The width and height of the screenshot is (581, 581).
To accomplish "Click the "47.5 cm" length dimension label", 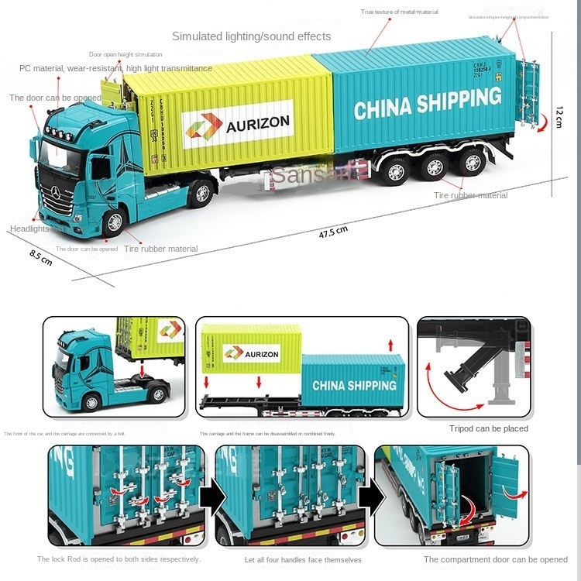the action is click(333, 230).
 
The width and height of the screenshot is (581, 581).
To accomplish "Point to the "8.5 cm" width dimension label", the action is click(41, 256).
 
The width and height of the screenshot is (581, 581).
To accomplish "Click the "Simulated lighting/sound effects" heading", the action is click(251, 36).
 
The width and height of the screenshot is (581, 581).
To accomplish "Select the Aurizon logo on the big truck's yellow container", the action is click(237, 124).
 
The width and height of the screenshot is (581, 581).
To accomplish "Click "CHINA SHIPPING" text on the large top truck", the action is click(428, 103).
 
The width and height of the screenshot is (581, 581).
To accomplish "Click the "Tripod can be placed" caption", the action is click(488, 428).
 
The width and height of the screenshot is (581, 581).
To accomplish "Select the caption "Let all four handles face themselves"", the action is click(302, 560).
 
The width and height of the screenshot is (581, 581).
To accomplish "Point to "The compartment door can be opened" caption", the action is click(495, 559).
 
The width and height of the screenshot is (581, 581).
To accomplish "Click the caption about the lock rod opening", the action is click(119, 559).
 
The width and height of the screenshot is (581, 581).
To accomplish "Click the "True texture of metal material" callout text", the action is click(399, 12).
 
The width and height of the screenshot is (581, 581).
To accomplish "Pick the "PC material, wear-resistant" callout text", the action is click(115, 68).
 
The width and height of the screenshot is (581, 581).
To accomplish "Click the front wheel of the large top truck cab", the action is click(114, 222).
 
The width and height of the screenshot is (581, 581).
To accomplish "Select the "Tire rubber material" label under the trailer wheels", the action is click(470, 195).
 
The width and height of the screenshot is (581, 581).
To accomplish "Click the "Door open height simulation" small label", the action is click(125, 54).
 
